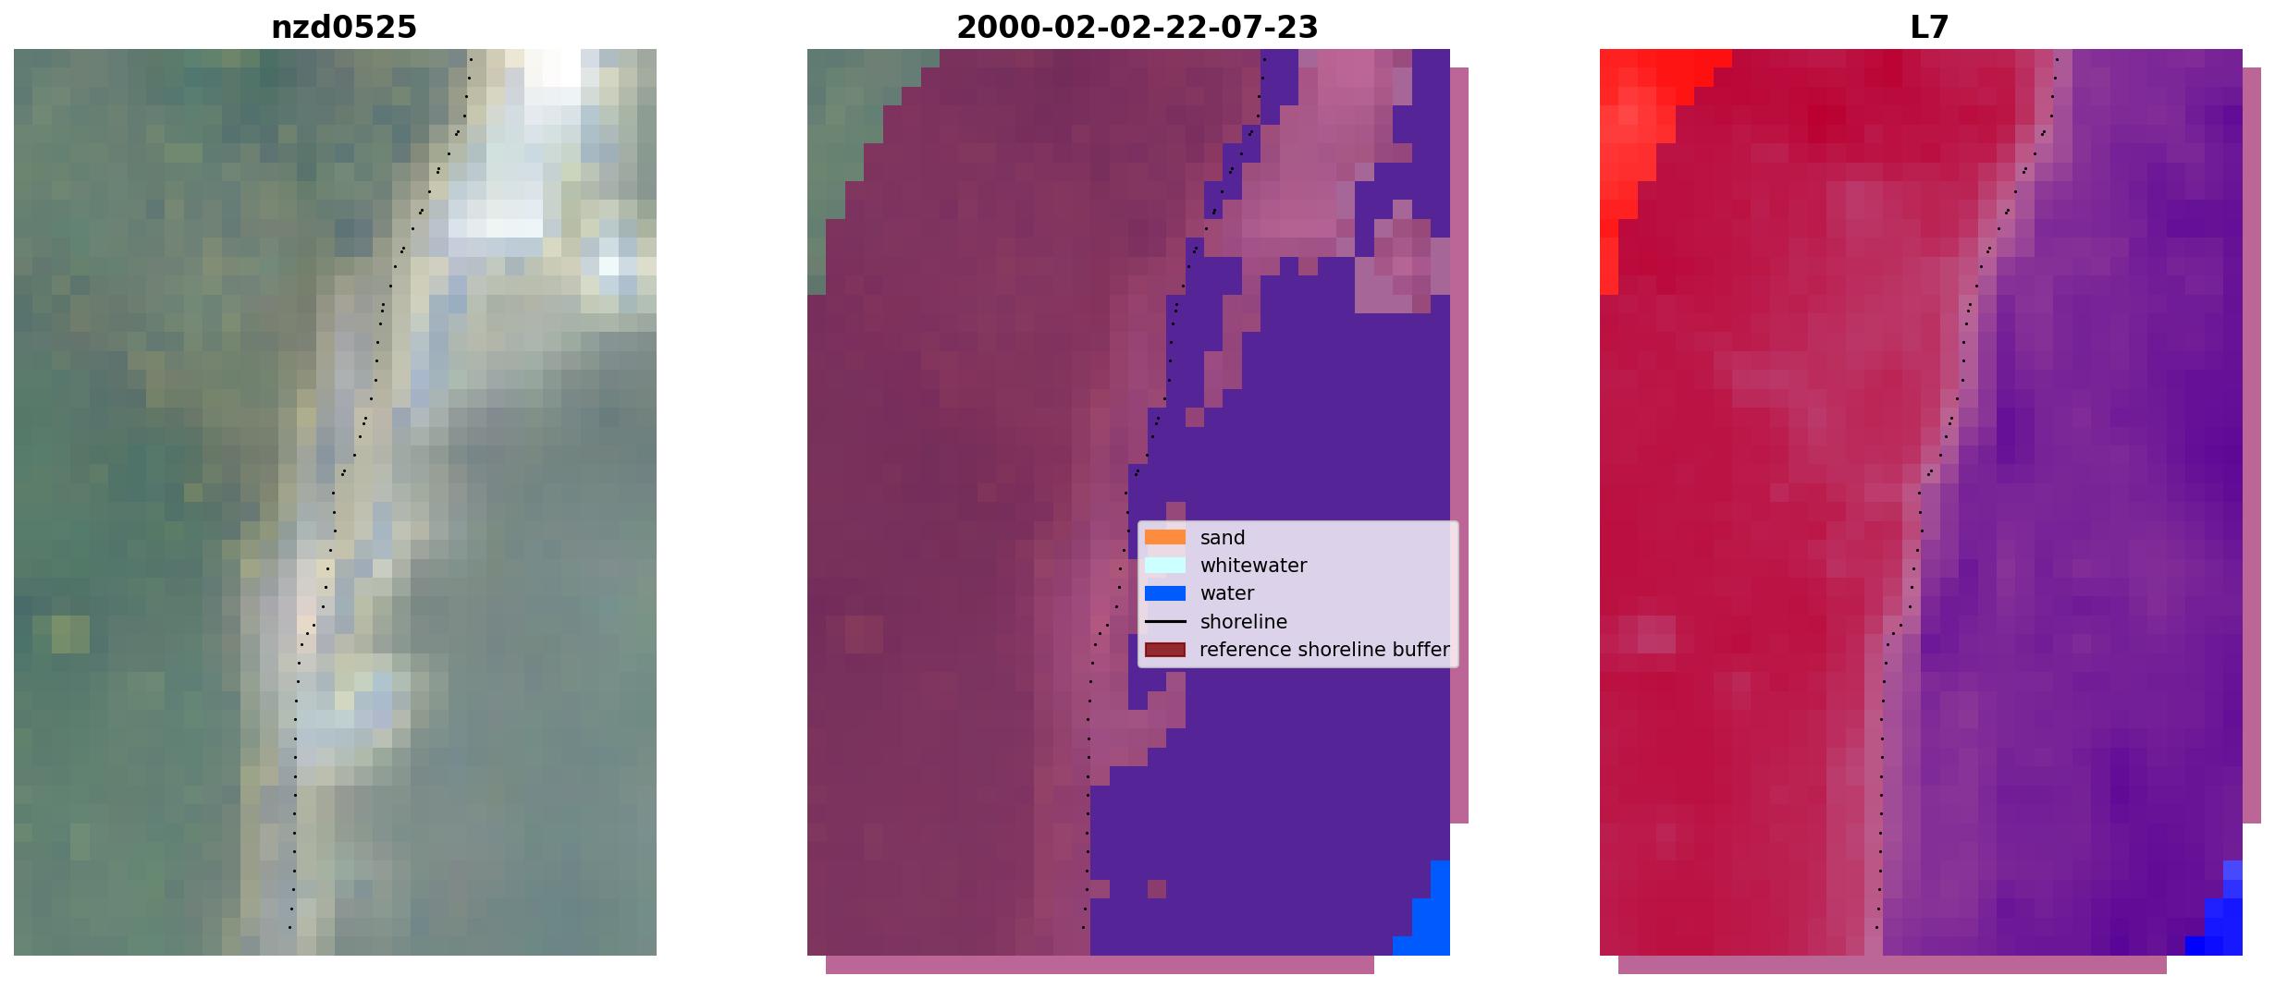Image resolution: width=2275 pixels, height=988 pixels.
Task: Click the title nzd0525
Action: (x=343, y=28)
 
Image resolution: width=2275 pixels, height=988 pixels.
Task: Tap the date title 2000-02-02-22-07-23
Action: (x=1137, y=28)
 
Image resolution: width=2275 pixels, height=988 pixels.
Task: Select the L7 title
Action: (x=1929, y=28)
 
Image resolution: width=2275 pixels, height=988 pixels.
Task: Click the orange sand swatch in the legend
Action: (x=1164, y=537)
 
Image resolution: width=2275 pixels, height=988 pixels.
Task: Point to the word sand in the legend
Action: (x=1222, y=538)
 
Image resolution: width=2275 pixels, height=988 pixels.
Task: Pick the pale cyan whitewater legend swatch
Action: (x=1164, y=565)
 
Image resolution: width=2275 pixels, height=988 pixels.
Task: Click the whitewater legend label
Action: (x=1253, y=566)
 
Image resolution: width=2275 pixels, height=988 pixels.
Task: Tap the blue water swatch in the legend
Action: (x=1164, y=593)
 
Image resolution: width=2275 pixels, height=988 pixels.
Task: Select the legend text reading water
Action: (x=1226, y=593)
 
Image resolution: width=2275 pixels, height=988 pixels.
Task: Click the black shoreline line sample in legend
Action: (x=1164, y=622)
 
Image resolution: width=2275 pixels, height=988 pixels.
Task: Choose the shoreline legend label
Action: (x=1243, y=622)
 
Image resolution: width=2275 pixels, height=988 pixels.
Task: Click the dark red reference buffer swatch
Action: (x=1164, y=650)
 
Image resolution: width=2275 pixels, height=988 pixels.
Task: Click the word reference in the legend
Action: (x=1243, y=650)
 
